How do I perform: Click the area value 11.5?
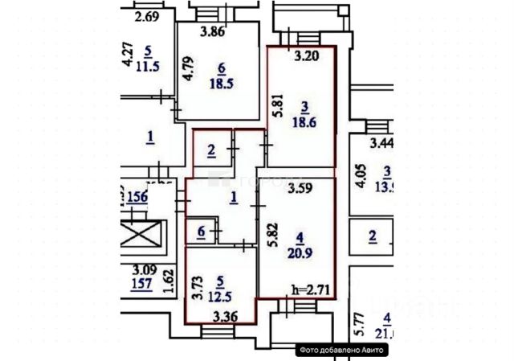pyautogui.click(x=149, y=66)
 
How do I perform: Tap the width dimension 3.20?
pyautogui.click(x=308, y=56)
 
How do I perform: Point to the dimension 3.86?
pyautogui.click(x=212, y=32)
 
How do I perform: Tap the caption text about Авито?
pyautogui.click(x=343, y=350)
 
